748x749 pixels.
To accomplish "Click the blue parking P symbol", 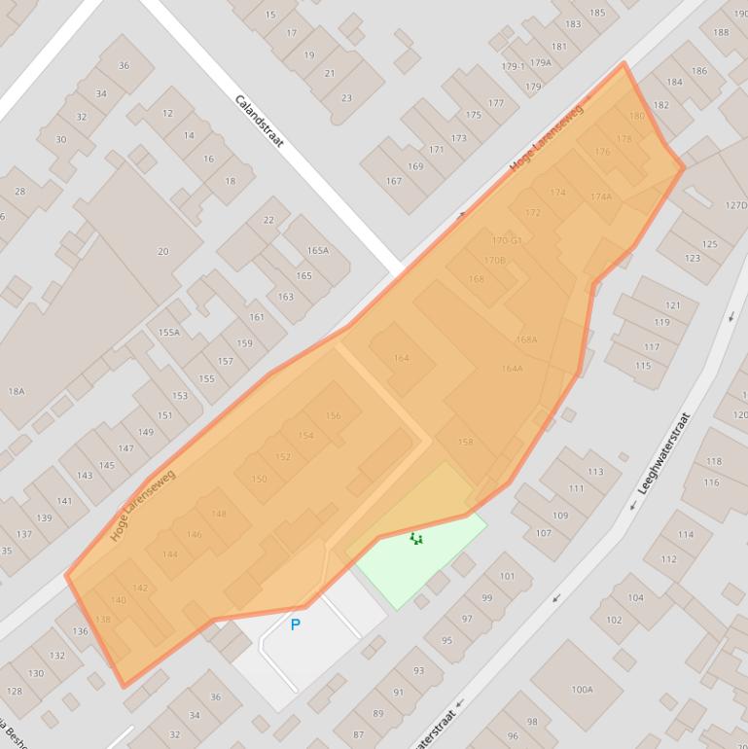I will (x=296, y=624).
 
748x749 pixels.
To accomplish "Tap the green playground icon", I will (x=416, y=538).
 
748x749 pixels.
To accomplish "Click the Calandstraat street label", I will (x=259, y=121).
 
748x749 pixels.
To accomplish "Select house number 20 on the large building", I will (x=163, y=251).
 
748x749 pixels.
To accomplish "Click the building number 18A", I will (x=17, y=391).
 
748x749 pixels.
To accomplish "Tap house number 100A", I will (x=582, y=690).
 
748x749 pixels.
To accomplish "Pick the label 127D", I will (x=736, y=205).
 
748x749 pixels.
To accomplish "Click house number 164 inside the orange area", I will (x=401, y=358).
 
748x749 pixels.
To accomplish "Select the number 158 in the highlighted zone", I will (x=465, y=442).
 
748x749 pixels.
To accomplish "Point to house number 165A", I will (x=318, y=250).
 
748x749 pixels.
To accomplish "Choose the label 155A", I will (x=169, y=332).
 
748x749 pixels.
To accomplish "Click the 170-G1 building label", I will (x=507, y=240).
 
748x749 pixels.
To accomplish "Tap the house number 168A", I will (x=526, y=339).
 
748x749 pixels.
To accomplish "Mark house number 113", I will (x=595, y=471).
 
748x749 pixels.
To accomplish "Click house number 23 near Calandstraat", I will (x=347, y=97).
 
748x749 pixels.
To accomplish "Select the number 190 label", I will (x=721, y=32).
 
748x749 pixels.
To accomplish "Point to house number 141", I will (x=64, y=501).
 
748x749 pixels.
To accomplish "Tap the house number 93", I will (x=419, y=670).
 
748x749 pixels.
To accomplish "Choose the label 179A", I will (x=541, y=62).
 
